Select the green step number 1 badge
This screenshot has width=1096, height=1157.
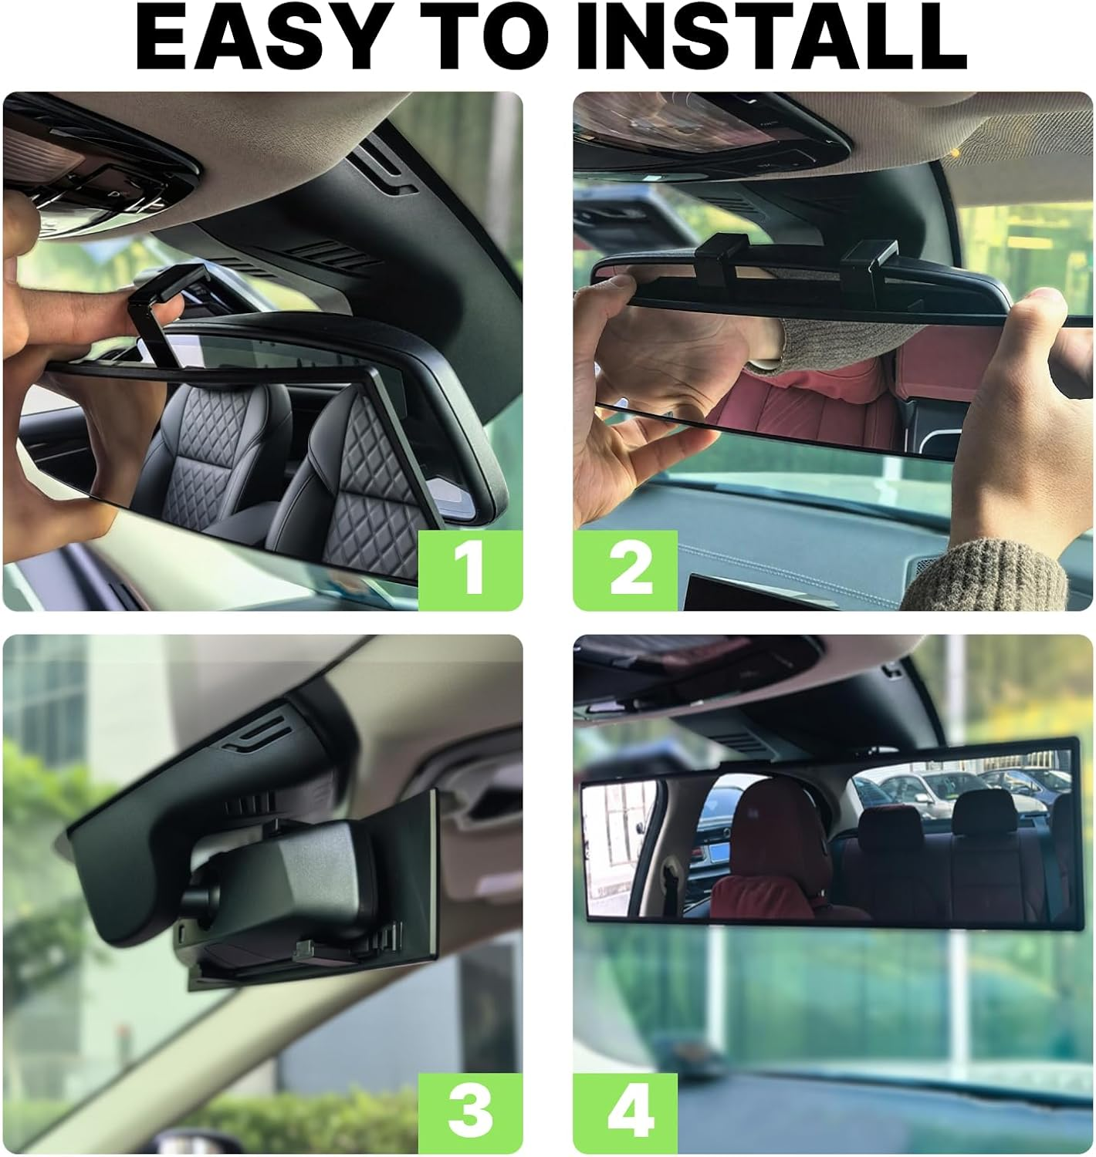(470, 569)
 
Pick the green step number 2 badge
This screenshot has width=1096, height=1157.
(626, 569)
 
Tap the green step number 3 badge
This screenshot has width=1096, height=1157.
(470, 1111)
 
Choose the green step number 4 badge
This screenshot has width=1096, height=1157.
(626, 1111)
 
